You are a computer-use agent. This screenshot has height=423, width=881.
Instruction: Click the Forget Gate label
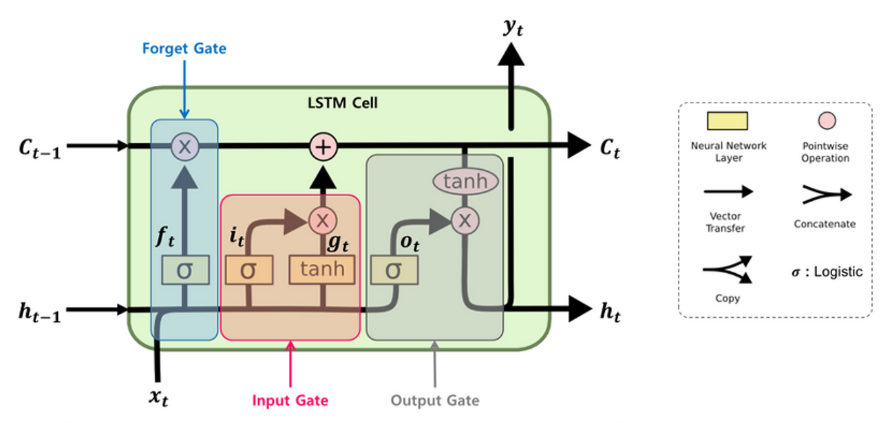point(184,49)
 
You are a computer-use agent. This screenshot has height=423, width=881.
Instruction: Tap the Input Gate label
point(290,400)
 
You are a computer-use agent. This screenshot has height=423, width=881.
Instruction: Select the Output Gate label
point(434,400)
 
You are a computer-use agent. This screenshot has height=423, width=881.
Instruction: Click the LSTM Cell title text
point(342,104)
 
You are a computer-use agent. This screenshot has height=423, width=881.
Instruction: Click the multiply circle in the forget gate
point(184,146)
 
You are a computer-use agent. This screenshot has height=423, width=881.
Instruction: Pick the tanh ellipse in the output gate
point(466,182)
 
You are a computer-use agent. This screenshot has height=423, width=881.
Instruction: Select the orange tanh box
point(322,270)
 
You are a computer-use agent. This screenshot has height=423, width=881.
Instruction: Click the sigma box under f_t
point(184,270)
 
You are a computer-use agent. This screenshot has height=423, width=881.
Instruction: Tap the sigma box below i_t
point(248,270)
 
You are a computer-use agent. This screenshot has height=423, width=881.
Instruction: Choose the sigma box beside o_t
point(393,270)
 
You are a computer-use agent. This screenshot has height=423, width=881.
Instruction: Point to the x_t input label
point(159,396)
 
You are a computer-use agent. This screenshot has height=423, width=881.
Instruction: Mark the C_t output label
point(608,148)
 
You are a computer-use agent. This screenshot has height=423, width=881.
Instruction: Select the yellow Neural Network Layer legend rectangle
point(727,121)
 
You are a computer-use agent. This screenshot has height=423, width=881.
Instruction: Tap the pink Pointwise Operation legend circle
point(827,121)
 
